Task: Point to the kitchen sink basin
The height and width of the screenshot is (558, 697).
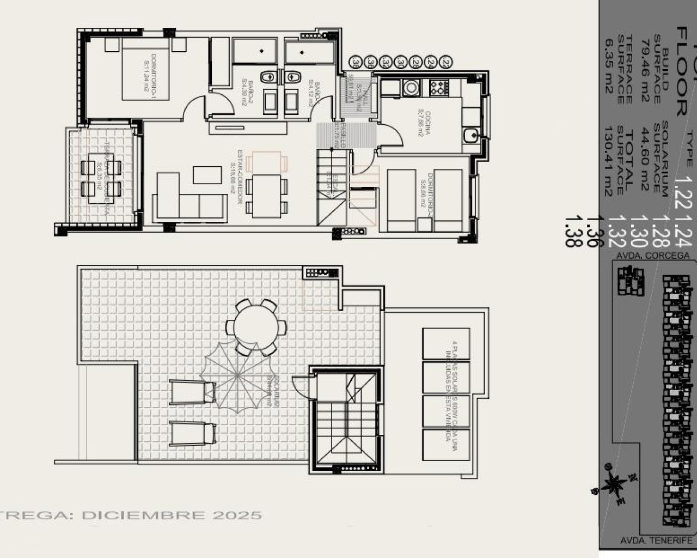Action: tap(471, 135)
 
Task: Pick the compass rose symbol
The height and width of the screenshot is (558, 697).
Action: tap(614, 483)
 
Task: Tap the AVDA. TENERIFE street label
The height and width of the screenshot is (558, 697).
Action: tap(656, 540)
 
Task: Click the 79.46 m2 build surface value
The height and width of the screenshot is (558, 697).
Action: tap(645, 71)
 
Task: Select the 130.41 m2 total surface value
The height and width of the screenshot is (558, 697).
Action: tap(608, 161)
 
